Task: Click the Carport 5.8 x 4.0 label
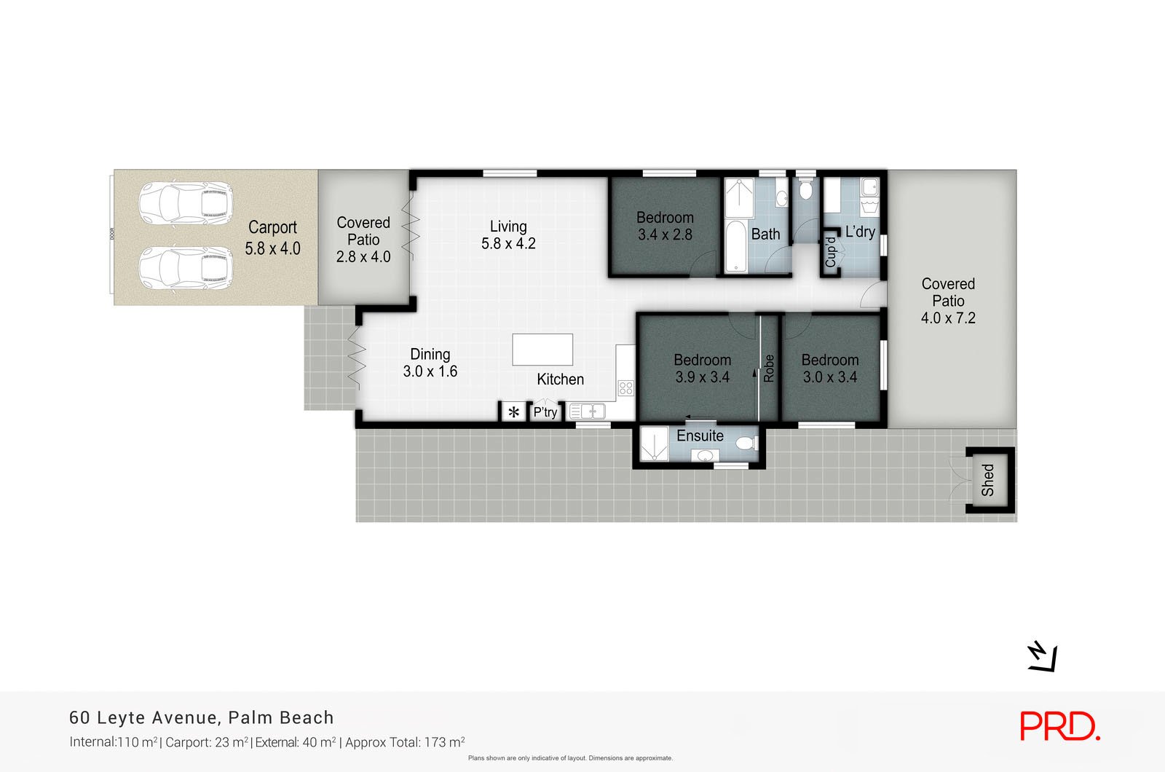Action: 272,238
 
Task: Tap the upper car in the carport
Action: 186,203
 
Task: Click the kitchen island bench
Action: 542,350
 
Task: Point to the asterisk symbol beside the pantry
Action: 513,412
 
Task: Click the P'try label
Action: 545,412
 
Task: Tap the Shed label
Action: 988,480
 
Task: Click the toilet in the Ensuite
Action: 745,444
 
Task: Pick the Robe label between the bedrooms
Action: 769,369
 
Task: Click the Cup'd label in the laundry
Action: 830,252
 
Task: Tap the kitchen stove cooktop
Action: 625,388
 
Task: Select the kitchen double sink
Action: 587,411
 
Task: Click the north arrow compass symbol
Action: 1042,657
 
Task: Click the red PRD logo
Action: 1059,726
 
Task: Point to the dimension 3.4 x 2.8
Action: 665,235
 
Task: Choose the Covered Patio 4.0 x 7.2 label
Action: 948,301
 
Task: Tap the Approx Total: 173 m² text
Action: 405,743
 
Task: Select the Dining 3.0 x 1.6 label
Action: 430,363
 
